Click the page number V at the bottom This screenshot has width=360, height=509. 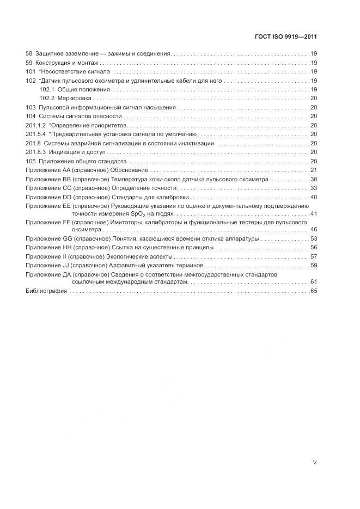pos(314,462)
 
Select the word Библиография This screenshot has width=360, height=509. pos(46,291)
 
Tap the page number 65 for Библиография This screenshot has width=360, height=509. pos(314,291)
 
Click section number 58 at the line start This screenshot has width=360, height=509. pos(29,54)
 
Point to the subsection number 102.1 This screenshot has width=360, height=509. pos(47,89)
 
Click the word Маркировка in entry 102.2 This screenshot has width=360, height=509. pos(75,98)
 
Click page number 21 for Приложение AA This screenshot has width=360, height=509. pos(314,170)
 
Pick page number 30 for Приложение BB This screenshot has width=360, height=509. pos(314,179)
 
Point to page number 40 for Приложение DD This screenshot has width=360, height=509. pos(314,197)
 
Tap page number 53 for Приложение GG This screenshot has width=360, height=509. pos(314,239)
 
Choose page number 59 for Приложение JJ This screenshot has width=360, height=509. pos(314,265)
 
